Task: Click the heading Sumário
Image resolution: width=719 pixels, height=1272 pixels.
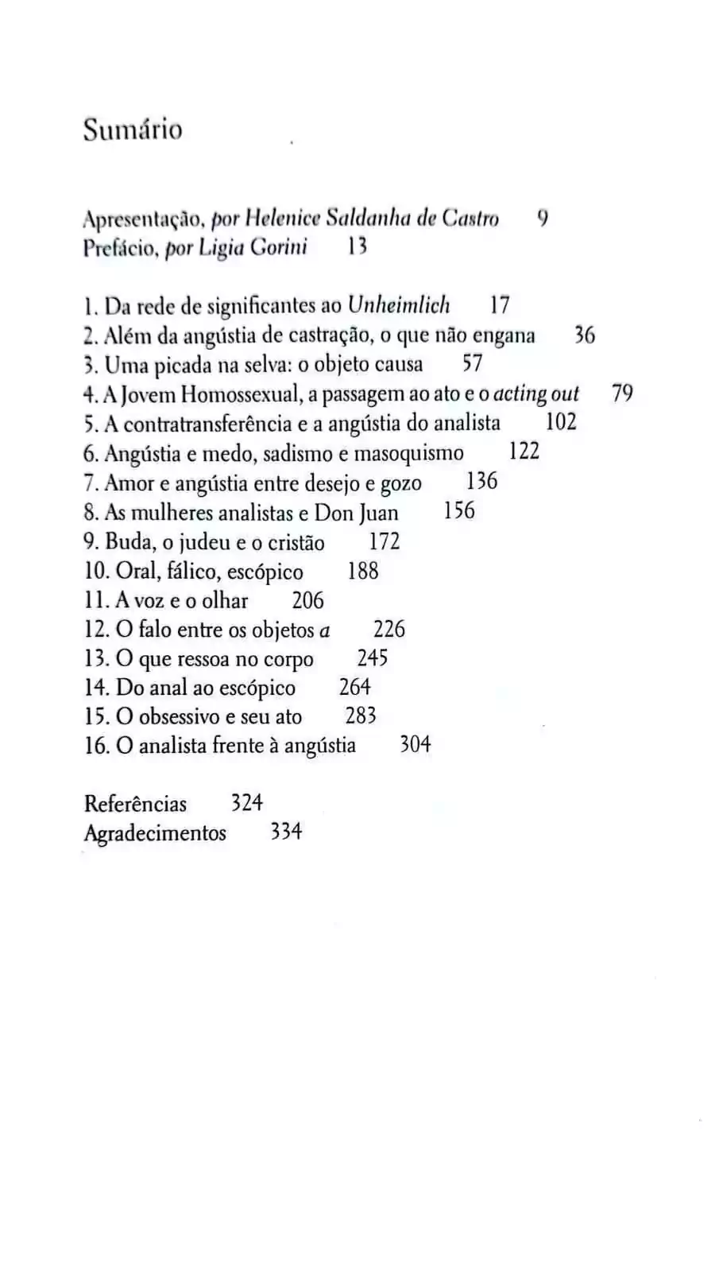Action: (133, 130)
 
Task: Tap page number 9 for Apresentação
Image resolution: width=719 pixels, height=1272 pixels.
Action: (543, 217)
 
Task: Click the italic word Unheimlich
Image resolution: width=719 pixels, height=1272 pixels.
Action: (399, 305)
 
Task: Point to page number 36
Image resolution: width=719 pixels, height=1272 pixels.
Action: (584, 335)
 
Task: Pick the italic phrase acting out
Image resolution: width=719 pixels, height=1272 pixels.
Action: (536, 394)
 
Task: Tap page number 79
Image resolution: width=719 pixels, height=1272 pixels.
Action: (622, 393)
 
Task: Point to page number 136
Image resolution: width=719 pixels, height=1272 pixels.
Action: (481, 482)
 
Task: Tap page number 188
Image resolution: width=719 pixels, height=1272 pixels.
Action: (363, 571)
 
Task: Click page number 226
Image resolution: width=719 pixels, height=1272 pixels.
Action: (389, 630)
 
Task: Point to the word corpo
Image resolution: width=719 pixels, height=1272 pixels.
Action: (289, 660)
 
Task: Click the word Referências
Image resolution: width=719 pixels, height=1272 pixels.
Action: (135, 804)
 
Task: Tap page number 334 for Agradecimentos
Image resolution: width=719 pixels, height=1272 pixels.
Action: (286, 832)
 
